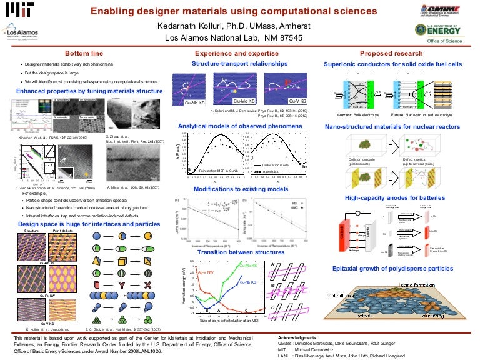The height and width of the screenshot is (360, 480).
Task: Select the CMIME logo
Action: pyautogui.click(x=441, y=11)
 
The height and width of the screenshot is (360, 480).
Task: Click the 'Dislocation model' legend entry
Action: pyautogui.click(x=274, y=165)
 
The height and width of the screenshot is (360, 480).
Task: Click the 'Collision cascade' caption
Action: pyautogui.click(x=361, y=161)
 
